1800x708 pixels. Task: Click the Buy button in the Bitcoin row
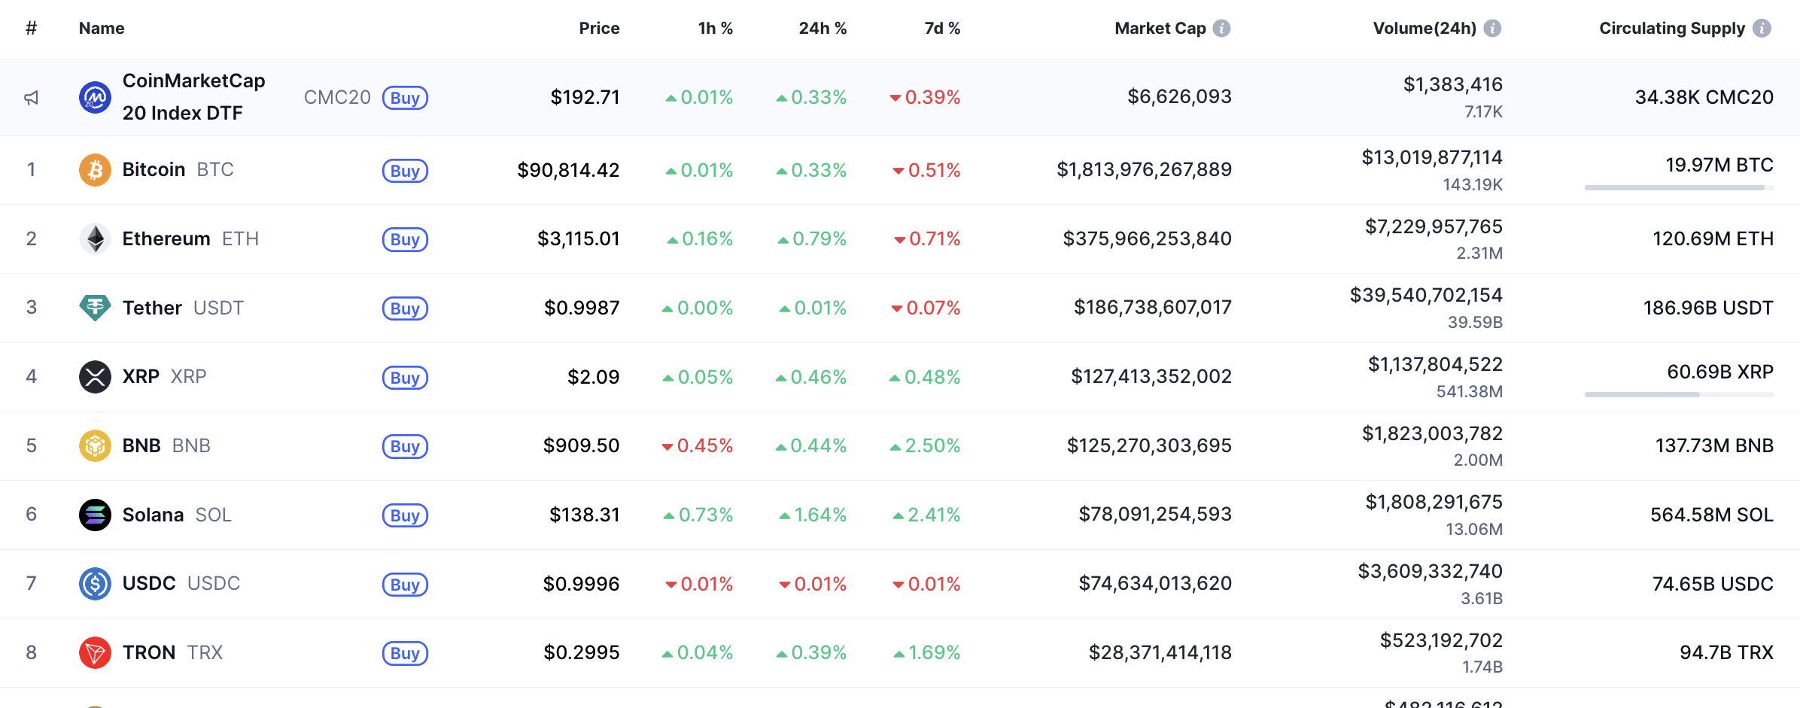(x=405, y=171)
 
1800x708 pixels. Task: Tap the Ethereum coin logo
(x=95, y=239)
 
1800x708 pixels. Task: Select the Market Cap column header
(x=1160, y=29)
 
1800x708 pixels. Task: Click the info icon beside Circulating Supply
(x=1762, y=29)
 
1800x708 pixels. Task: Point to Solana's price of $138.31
(x=584, y=515)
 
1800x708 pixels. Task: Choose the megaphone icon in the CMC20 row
(x=31, y=98)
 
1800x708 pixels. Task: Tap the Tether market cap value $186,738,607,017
(x=1152, y=307)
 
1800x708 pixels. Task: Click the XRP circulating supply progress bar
(x=1679, y=394)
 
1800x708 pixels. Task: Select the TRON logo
(x=95, y=652)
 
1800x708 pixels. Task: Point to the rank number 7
(x=31, y=583)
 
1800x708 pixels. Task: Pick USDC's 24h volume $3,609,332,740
(x=1430, y=572)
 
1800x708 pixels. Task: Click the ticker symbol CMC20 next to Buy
(x=337, y=98)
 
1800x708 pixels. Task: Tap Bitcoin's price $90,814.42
(x=568, y=170)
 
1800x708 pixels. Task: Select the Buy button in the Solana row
(x=405, y=515)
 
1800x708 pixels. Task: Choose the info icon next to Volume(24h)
(x=1492, y=29)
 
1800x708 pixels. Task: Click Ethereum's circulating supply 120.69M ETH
(x=1713, y=239)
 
